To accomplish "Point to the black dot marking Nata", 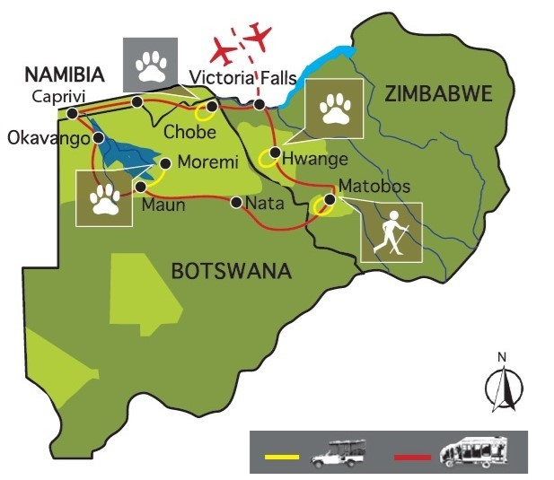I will pos(235,203).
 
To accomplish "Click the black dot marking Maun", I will pos(141,187).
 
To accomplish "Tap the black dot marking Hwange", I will pos(274,152).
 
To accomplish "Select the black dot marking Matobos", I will pos(330,198).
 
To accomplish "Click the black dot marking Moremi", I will pos(165,163).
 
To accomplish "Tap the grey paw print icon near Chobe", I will pos(148,63).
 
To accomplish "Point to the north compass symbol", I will pos(501,382).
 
